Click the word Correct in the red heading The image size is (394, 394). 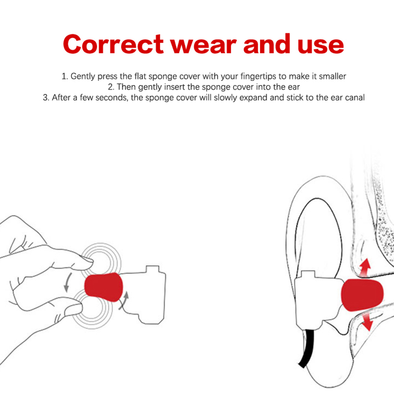[113, 44]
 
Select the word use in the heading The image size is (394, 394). [320, 46]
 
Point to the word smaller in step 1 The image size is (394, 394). [332, 76]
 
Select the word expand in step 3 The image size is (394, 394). [253, 98]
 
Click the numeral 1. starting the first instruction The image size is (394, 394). [65, 76]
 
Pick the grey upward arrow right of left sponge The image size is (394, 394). [124, 300]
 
